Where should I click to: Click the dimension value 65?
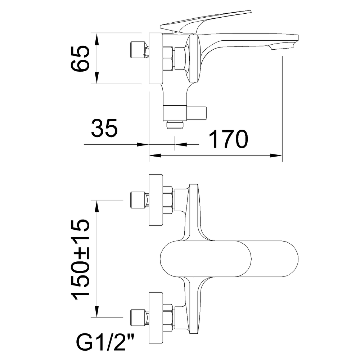point(80,58)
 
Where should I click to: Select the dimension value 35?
point(104,128)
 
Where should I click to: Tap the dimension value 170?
point(229,139)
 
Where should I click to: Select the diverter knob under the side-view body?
point(197,113)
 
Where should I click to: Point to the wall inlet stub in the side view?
point(138,50)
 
